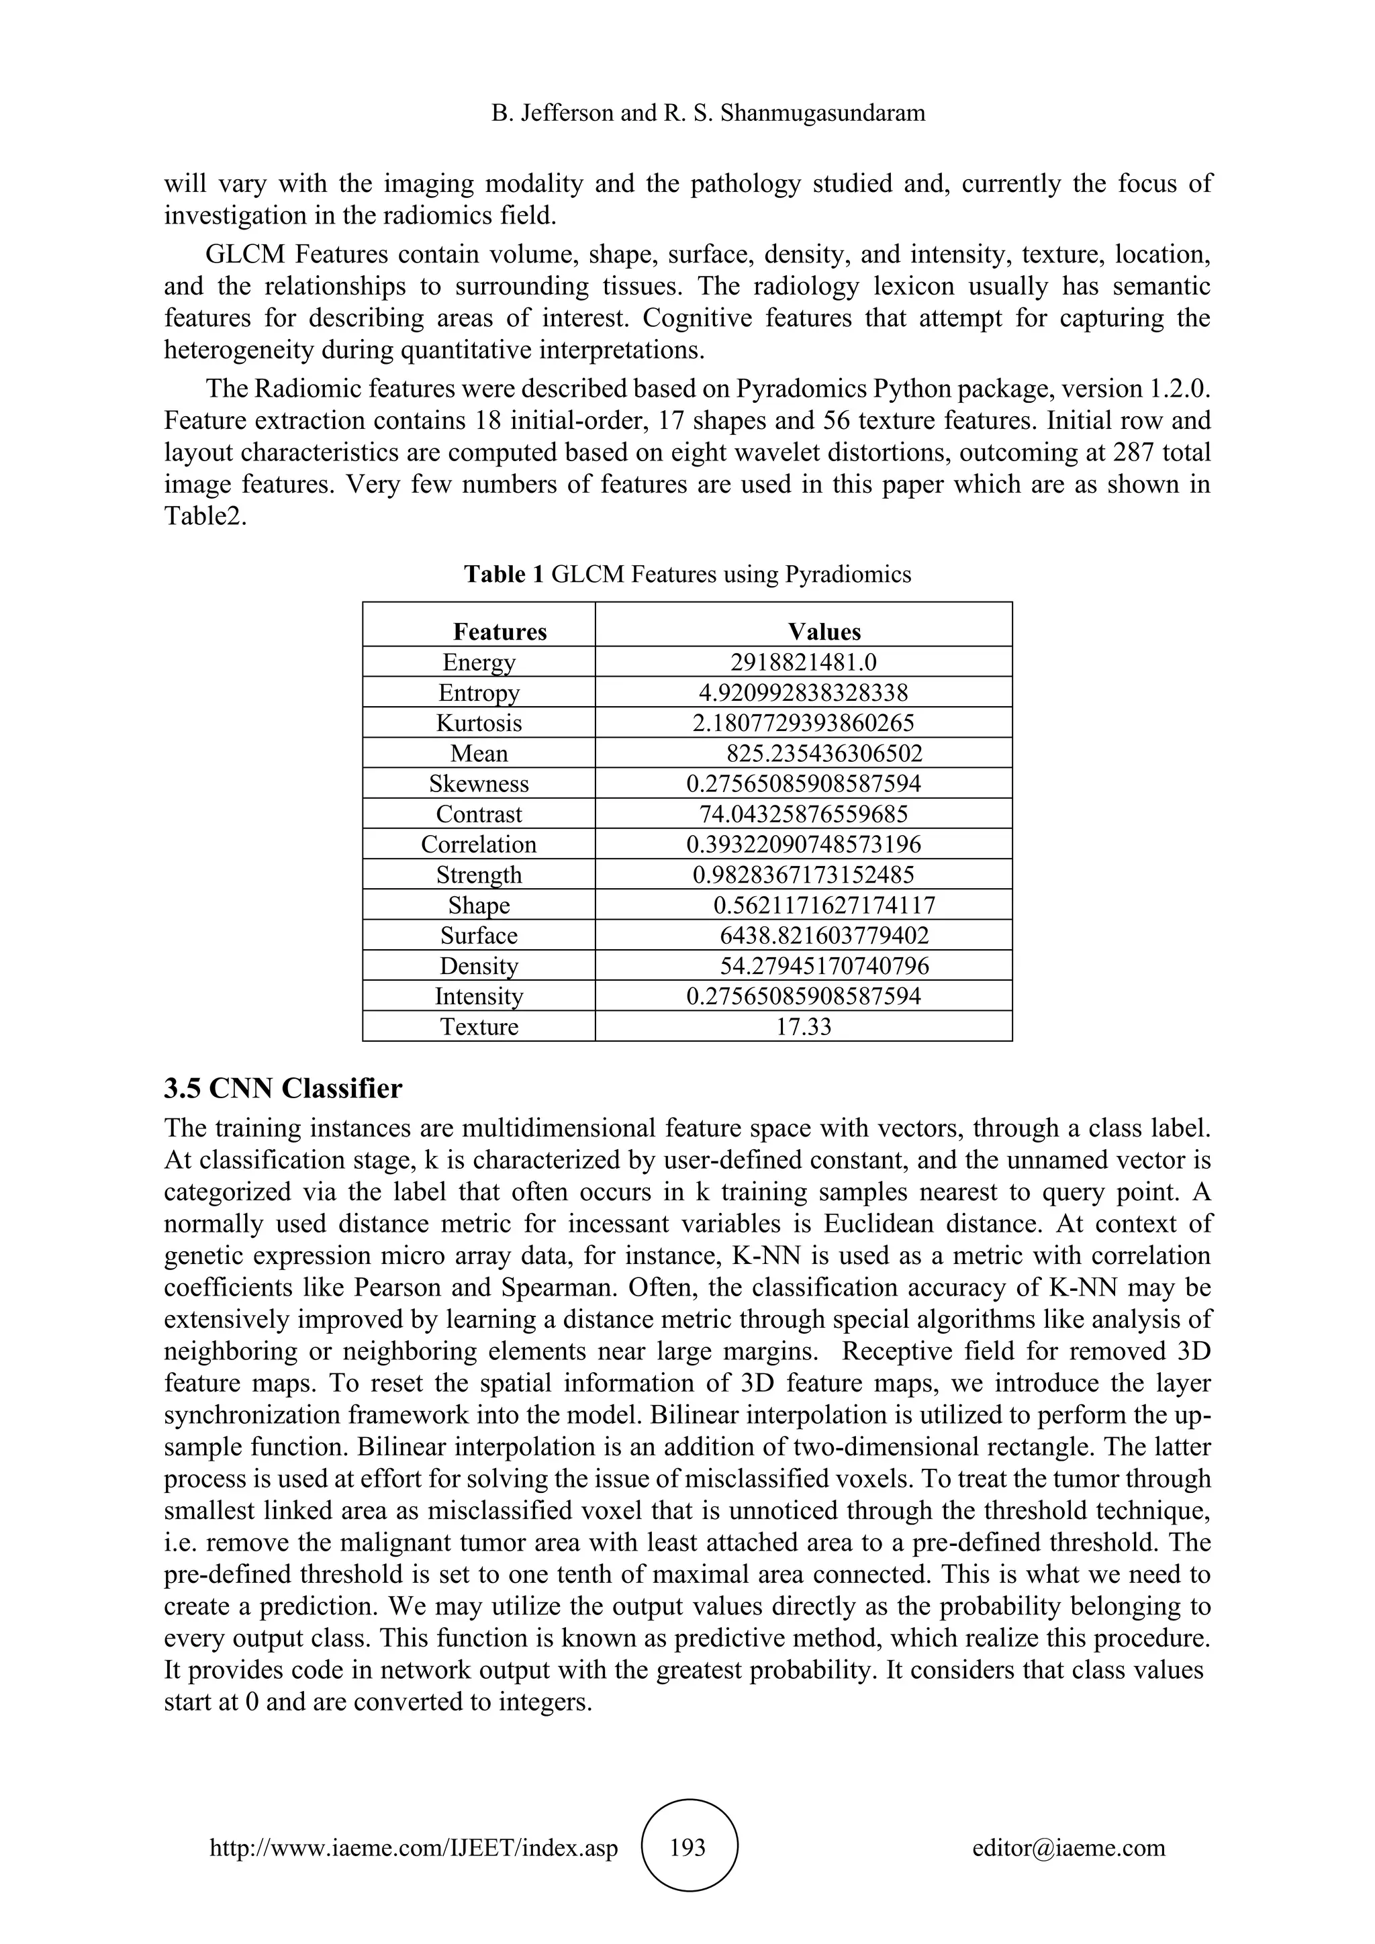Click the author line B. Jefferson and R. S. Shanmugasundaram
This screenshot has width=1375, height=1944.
tap(708, 113)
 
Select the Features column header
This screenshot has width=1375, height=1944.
tap(500, 632)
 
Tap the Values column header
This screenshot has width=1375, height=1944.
tap(824, 632)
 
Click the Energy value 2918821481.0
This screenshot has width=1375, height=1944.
tap(803, 662)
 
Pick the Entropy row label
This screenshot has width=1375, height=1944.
tap(479, 693)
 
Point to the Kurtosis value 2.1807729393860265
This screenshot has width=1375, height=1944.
tap(803, 723)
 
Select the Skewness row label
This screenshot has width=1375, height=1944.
tap(479, 784)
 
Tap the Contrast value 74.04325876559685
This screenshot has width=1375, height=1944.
tap(803, 814)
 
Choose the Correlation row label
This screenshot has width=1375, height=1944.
tap(479, 845)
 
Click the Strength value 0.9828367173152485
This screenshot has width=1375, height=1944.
tap(803, 875)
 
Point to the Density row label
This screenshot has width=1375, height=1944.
tap(479, 966)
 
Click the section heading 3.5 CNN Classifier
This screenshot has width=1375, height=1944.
tap(283, 1089)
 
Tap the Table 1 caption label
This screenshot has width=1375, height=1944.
tap(505, 575)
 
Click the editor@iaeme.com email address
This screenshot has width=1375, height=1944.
tap(1068, 1848)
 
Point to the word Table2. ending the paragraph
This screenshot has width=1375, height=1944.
tap(205, 516)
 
